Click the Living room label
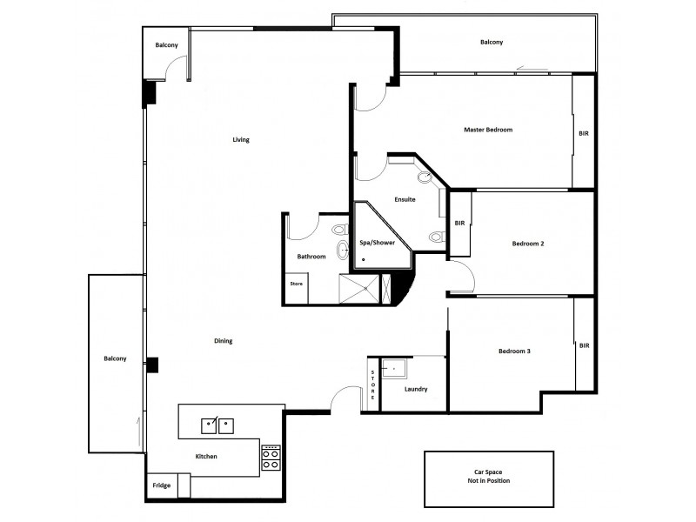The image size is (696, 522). (241, 139)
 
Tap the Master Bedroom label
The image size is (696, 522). (488, 130)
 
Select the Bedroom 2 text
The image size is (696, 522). (527, 244)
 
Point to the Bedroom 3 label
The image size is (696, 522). (514, 351)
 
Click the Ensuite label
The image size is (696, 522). (405, 200)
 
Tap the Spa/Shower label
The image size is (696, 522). (377, 244)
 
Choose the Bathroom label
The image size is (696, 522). (311, 257)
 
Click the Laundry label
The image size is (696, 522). (415, 389)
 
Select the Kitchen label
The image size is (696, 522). (206, 456)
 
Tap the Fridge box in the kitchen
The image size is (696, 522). (161, 485)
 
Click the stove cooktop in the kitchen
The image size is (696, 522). (271, 458)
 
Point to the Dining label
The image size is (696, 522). (223, 341)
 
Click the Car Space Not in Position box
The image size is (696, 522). (488, 478)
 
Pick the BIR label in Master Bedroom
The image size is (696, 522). (583, 134)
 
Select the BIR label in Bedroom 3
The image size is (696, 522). (584, 345)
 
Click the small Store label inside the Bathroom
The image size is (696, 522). (296, 283)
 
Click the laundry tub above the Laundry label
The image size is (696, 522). (395, 370)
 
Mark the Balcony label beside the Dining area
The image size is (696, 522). (115, 359)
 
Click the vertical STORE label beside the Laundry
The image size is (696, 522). (372, 385)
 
